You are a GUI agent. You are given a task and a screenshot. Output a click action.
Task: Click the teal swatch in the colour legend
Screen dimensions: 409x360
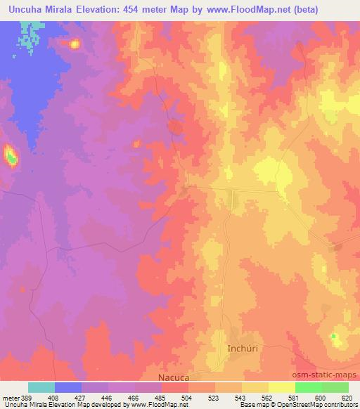[x=41, y=387]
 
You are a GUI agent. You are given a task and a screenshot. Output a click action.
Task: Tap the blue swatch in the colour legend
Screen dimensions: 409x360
[x=68, y=387]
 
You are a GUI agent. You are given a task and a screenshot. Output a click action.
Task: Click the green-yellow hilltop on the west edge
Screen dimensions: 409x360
[x=11, y=155]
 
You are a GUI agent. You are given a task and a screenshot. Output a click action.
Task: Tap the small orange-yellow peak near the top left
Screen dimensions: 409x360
[x=74, y=44]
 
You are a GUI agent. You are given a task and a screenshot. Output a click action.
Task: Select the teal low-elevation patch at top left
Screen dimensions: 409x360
[x=27, y=36]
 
